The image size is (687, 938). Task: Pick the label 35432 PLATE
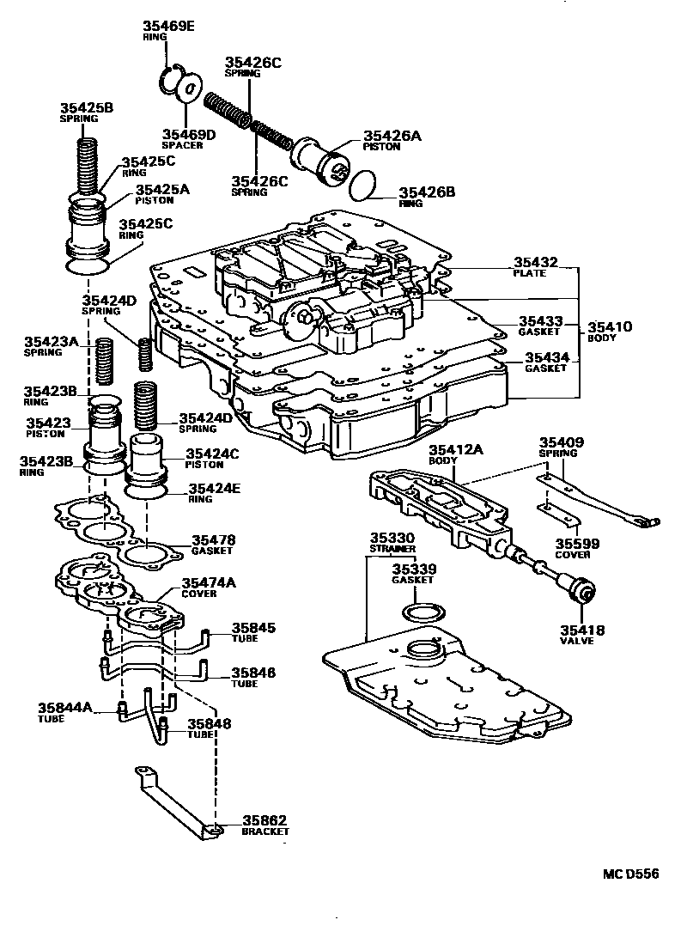click(536, 267)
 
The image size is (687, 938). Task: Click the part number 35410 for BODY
click(609, 327)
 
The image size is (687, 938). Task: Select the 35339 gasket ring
click(423, 614)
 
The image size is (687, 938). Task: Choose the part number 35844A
click(64, 708)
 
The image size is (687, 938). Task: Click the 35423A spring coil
click(105, 361)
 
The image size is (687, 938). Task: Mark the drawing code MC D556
click(629, 874)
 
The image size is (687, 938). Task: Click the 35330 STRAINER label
click(392, 542)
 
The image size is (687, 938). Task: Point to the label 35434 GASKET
click(546, 362)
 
